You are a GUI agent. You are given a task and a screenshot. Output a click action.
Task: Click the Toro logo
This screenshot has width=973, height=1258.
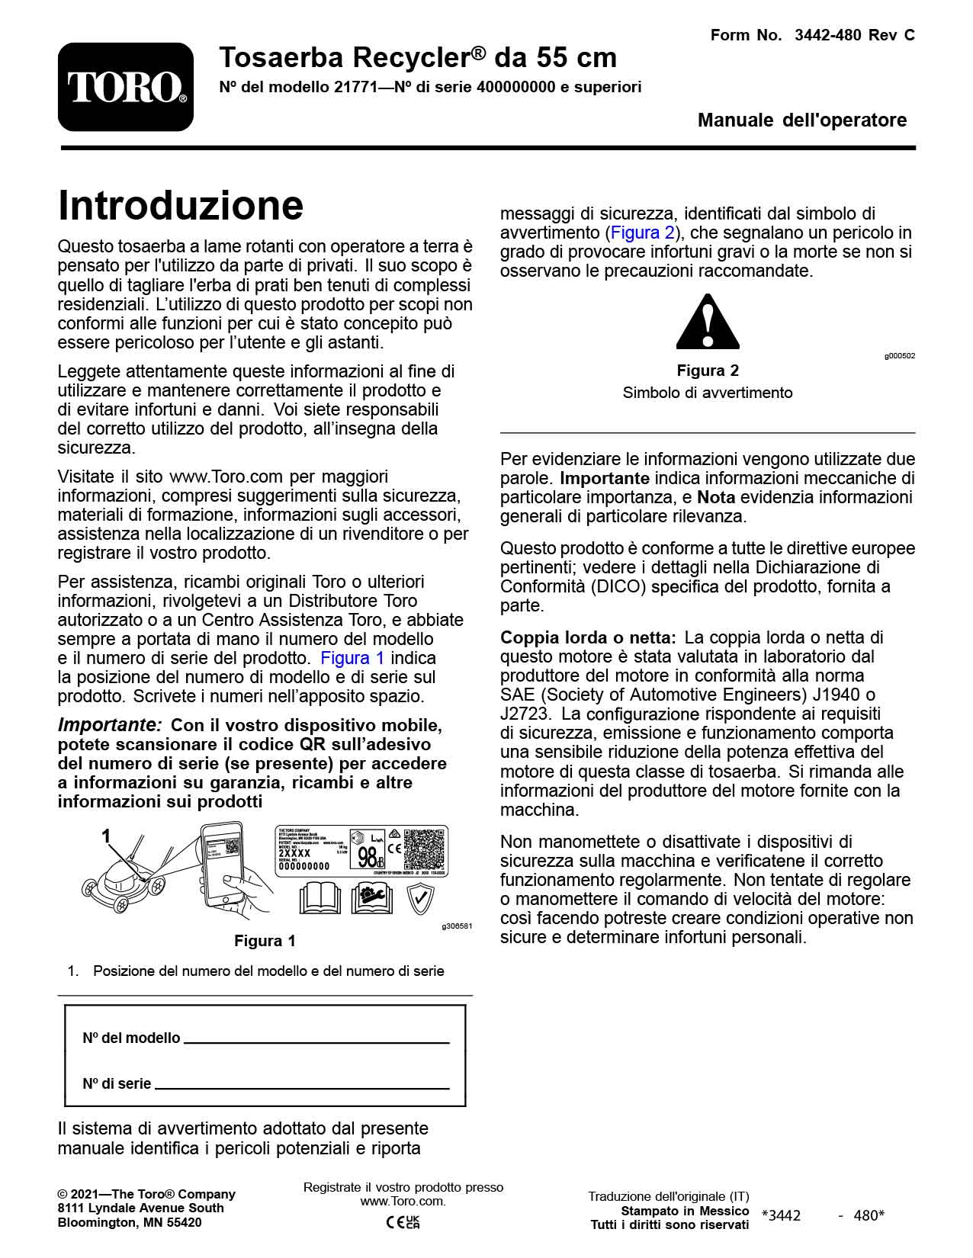click(126, 87)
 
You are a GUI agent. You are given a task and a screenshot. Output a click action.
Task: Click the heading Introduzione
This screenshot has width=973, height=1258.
click(181, 205)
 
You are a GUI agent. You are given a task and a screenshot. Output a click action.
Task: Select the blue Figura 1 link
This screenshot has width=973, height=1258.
click(352, 658)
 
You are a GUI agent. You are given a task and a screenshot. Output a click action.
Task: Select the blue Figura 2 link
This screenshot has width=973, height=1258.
click(643, 233)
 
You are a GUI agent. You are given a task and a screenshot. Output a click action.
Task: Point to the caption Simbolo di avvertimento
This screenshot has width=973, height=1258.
click(708, 393)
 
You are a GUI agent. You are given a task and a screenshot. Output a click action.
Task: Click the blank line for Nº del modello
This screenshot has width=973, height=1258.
click(316, 1040)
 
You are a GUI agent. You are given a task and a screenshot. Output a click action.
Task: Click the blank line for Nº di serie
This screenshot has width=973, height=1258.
click(302, 1086)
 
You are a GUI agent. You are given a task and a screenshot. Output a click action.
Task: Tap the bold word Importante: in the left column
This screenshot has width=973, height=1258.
click(110, 724)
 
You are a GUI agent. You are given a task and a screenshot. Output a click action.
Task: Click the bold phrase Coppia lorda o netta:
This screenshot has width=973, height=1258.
click(588, 637)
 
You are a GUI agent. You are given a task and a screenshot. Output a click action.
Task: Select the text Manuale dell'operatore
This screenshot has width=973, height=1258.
click(802, 120)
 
